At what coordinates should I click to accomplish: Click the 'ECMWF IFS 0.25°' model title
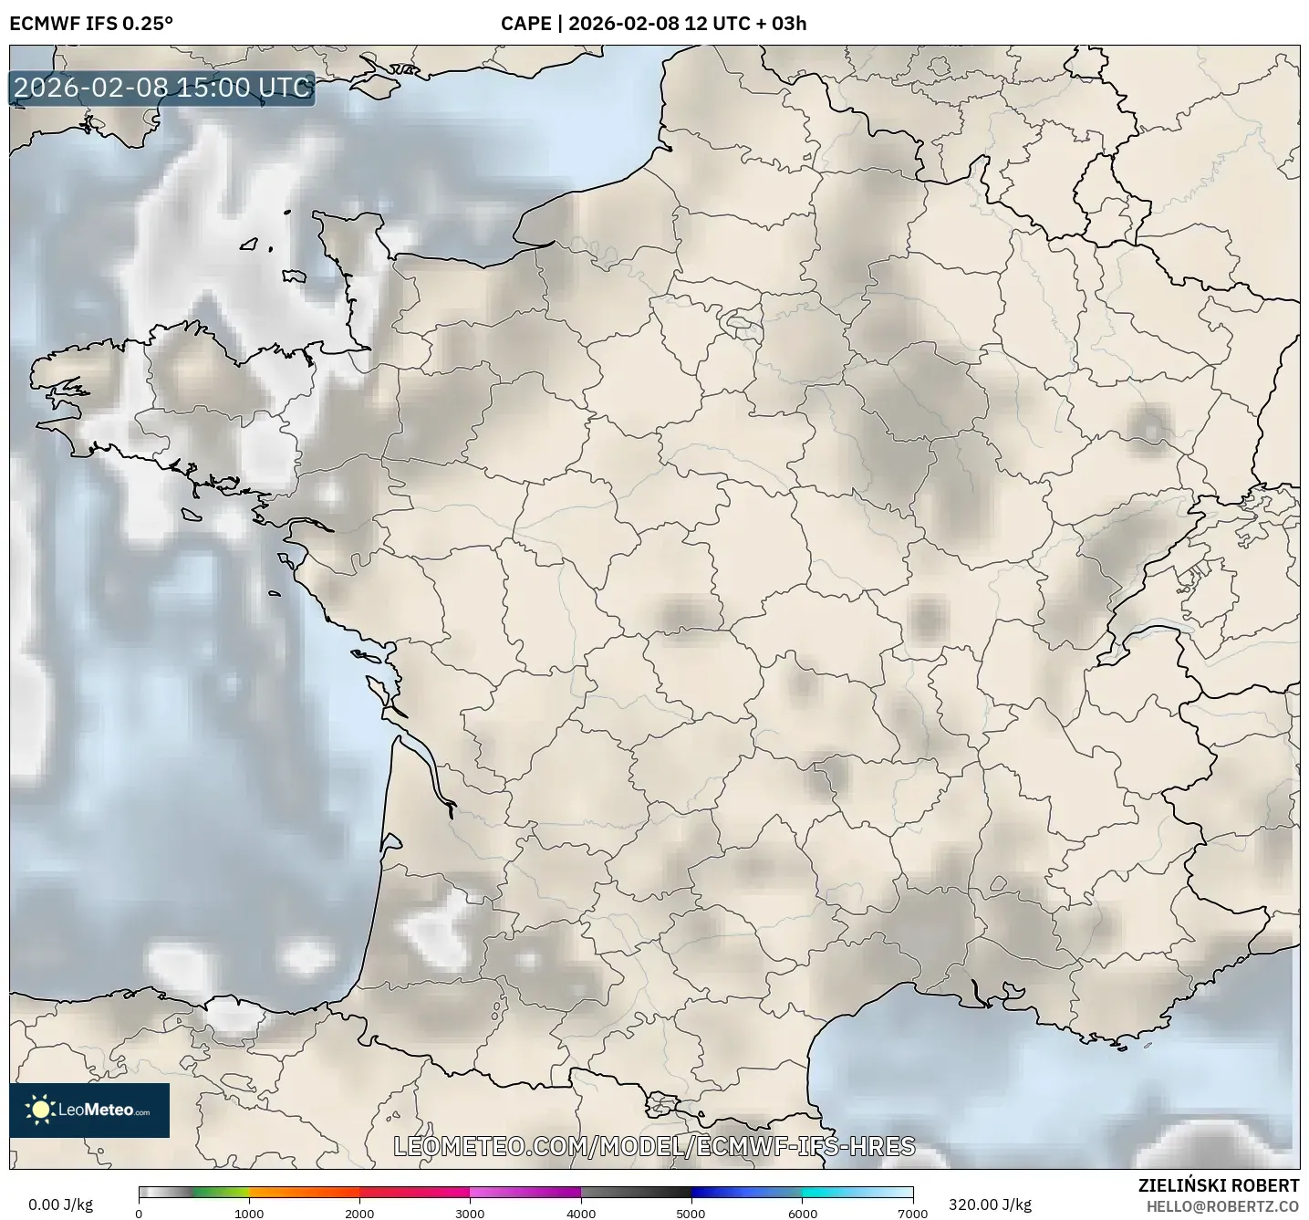point(91,24)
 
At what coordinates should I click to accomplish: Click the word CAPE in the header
point(525,24)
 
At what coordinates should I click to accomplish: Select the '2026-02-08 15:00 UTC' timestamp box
point(162,88)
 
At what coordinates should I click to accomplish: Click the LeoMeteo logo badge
point(89,1110)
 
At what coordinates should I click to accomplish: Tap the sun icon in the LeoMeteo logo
point(40,1110)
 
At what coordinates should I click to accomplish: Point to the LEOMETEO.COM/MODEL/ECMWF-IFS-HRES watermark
point(654,1146)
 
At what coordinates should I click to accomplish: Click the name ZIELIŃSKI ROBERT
point(1219,1185)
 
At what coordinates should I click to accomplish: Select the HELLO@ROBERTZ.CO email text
point(1222,1205)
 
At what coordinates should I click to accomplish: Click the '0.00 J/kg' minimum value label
point(60,1204)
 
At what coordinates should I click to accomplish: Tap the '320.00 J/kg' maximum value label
point(990,1204)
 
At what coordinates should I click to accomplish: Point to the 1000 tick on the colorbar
point(249,1213)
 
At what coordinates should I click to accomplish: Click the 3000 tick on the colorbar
point(470,1213)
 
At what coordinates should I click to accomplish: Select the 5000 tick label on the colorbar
point(691,1213)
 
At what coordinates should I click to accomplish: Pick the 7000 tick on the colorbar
point(912,1213)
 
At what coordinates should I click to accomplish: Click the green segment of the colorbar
point(219,1192)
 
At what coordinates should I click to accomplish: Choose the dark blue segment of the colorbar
point(721,1192)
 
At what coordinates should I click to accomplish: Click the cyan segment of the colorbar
point(830,1192)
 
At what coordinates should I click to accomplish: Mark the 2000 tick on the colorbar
point(359,1213)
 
